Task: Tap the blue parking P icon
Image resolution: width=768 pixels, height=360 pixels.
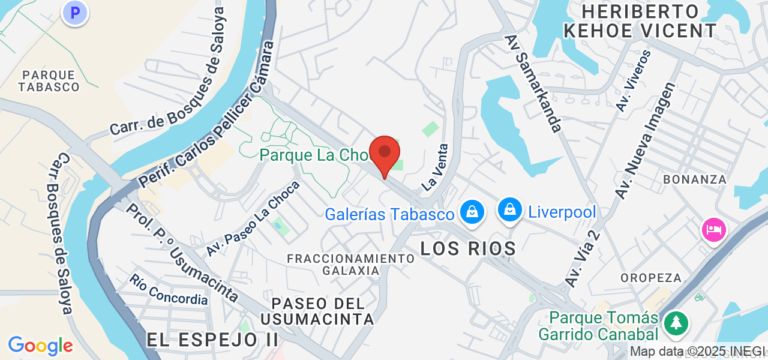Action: click(x=74, y=13)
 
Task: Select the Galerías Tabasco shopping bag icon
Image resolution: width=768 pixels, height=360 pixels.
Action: click(x=472, y=212)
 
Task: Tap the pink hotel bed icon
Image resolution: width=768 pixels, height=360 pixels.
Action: click(x=713, y=230)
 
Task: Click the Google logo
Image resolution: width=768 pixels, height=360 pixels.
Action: click(x=40, y=346)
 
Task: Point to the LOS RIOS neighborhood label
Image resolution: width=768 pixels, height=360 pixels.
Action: click(x=468, y=248)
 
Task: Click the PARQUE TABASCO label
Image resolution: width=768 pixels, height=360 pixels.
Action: click(x=49, y=81)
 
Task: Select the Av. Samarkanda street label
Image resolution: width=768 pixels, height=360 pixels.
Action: click(x=533, y=83)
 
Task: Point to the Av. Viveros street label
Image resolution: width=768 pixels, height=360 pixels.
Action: click(x=634, y=80)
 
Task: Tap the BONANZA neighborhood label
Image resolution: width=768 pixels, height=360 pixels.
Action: click(x=694, y=179)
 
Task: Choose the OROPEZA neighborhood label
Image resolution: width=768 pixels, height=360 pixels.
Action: click(x=651, y=278)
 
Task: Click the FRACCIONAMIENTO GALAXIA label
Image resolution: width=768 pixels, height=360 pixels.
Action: click(x=351, y=264)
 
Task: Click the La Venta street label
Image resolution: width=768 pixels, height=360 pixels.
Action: click(x=435, y=167)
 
